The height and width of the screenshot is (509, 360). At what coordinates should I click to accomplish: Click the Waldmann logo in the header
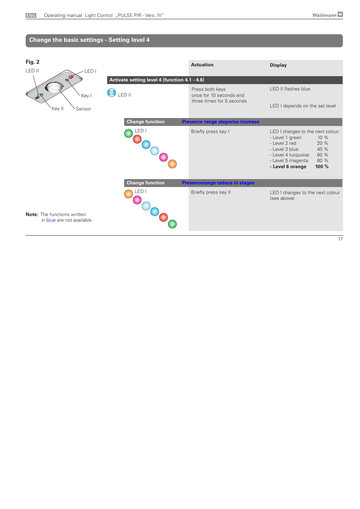click(x=327, y=15)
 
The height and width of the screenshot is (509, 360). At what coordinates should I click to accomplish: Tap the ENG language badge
click(x=31, y=15)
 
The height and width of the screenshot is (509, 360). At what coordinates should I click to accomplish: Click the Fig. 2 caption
click(x=32, y=62)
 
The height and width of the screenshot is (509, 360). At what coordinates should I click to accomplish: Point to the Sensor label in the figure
click(x=83, y=109)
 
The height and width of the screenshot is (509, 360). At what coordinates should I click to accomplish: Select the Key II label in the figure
click(x=57, y=109)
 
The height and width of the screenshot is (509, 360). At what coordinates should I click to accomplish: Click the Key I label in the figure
click(x=86, y=96)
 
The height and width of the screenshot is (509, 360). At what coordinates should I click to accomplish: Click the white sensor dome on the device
click(x=54, y=89)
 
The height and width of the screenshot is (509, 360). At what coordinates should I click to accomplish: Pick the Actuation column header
click(x=202, y=65)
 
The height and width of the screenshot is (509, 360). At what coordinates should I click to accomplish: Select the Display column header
click(x=278, y=65)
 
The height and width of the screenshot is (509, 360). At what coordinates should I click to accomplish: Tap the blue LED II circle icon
click(x=111, y=93)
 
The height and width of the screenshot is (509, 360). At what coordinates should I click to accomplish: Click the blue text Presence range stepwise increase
click(x=220, y=122)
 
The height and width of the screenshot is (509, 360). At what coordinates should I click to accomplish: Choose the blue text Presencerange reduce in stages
click(x=218, y=183)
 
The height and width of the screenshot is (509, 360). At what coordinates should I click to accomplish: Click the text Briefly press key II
click(x=211, y=192)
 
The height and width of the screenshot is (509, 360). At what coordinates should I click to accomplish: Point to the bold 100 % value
click(x=322, y=167)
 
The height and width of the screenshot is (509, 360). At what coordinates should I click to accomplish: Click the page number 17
click(x=340, y=239)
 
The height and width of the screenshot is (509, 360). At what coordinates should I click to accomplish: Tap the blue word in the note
click(x=51, y=220)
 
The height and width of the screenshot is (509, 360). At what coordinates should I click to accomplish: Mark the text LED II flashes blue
click(x=290, y=89)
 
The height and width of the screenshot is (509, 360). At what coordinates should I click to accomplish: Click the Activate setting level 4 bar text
click(x=157, y=80)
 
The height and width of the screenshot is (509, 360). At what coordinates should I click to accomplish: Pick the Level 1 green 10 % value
click(x=323, y=138)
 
